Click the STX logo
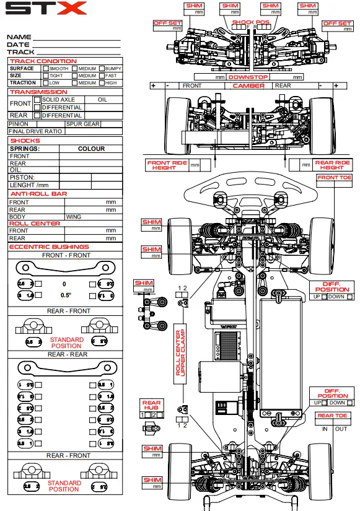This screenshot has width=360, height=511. (46, 9)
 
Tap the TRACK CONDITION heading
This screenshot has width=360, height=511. (43, 61)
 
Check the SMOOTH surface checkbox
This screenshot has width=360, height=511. (46, 68)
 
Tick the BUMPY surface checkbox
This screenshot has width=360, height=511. (102, 68)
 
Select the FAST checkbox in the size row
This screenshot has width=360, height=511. (102, 76)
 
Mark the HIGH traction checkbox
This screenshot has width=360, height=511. (102, 82)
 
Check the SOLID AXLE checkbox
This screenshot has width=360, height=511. (37, 99)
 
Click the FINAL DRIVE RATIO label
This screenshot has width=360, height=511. (35, 131)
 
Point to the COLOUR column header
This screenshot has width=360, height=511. (91, 149)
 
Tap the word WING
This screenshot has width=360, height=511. (74, 217)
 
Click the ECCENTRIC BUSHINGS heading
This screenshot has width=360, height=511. (49, 247)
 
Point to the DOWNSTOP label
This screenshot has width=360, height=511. (248, 77)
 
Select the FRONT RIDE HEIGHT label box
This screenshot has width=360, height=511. (167, 165)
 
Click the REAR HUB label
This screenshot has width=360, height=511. (151, 406)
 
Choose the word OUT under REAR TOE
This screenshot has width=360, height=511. (341, 429)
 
